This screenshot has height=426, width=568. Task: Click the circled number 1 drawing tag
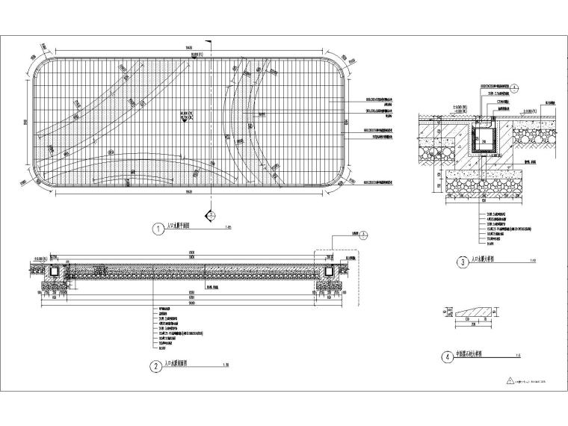pos(158,230)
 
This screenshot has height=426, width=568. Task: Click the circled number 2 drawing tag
pos(155,366)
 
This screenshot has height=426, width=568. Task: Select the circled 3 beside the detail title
pos(463,262)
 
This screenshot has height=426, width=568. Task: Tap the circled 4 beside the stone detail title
pos(447,357)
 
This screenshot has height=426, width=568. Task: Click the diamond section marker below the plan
pos(212,214)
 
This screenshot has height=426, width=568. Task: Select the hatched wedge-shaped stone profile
pos(469,309)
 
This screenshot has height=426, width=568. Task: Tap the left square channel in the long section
pos(54,271)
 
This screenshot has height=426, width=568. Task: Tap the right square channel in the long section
pos(327,271)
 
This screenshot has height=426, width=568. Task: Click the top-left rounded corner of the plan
pos(43,63)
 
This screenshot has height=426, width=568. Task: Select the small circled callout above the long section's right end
pos(364,234)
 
